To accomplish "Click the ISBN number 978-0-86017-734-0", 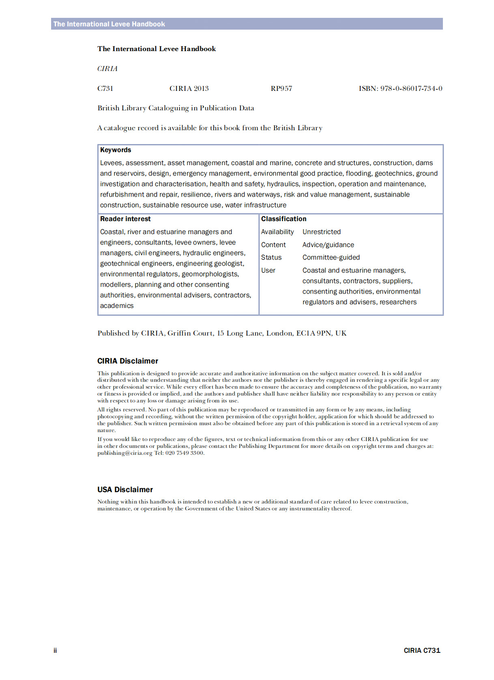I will point(411,88).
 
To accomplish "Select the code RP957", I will point(281,88).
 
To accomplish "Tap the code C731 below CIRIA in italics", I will point(105,88).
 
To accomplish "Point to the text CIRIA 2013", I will point(189,88).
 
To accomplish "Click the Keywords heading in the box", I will point(116,150).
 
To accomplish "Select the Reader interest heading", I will point(125,219).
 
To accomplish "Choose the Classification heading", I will point(284,219).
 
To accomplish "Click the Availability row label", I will point(277,232).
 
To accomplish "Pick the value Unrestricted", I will point(322,232).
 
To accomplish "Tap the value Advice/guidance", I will point(328,245).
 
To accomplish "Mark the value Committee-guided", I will point(331,258).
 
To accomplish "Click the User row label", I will point(268,271).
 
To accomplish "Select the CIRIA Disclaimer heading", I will point(128,361).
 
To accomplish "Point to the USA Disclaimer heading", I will point(125,490).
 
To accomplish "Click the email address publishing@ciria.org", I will point(125,453).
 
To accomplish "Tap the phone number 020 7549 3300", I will point(185,453).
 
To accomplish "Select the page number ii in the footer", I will point(55,651).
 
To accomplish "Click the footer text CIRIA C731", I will point(422,651).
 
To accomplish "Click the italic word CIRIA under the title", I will point(107,69).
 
